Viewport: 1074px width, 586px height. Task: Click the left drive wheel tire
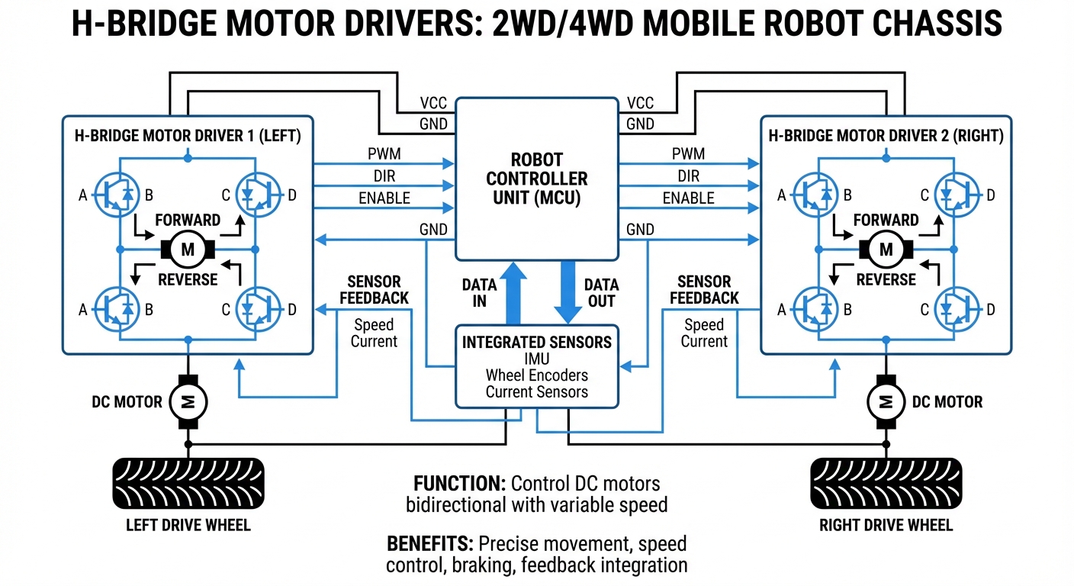(188, 483)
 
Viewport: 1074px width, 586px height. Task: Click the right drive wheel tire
(886, 483)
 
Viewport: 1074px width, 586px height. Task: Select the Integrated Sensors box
(536, 367)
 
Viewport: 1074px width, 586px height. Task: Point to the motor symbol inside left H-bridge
(188, 249)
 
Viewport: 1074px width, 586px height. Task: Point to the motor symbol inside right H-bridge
(886, 249)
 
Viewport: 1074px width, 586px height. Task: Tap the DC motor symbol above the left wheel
(185, 401)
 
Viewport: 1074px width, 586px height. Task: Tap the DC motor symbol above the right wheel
(886, 401)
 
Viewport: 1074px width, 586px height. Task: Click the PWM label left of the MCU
(384, 154)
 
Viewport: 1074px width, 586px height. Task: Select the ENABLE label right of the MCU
(688, 198)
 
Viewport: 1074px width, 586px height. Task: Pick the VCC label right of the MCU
(640, 103)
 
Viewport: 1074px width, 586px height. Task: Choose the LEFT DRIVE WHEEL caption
(188, 525)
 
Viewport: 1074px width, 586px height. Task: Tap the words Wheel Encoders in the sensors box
(536, 375)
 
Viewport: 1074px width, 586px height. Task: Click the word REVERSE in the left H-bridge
(188, 279)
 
